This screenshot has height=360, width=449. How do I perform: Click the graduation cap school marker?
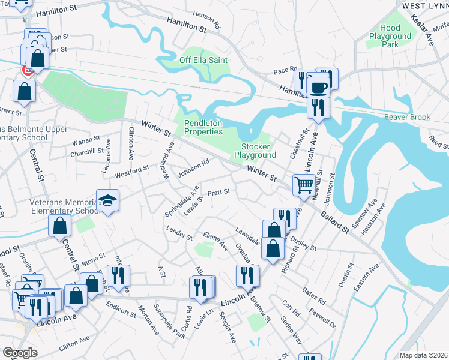108,200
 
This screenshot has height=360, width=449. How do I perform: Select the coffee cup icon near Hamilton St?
318,88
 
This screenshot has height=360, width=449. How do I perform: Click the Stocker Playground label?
259,151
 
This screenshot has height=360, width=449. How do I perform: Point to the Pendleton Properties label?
203,127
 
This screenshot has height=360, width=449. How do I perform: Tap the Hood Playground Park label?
390,36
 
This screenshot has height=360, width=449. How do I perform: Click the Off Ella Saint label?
203,60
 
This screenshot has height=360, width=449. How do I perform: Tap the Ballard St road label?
334,221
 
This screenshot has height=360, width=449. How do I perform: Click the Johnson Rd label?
193,167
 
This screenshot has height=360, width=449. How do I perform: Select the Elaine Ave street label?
216,241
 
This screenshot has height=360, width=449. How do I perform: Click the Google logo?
20,352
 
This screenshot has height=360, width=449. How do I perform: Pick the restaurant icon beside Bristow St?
247,275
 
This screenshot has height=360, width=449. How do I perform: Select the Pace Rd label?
285,70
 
